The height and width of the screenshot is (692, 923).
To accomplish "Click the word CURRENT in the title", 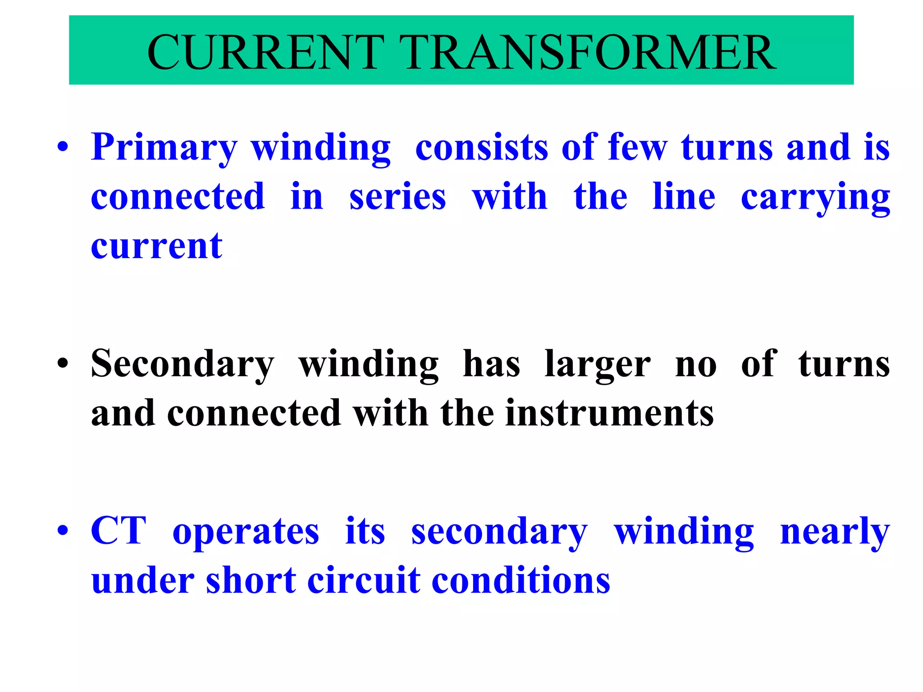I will coord(265,52).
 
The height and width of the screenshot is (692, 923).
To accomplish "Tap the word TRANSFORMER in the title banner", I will coord(588,52).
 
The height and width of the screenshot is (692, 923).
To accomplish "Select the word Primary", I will coord(164,148).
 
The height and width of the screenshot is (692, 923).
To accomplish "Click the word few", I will coord(637,147).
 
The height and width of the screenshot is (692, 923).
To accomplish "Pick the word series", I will coord(398,197).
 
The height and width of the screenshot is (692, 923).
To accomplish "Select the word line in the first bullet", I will coord(684,197).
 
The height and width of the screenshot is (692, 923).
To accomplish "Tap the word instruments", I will coord(609,413).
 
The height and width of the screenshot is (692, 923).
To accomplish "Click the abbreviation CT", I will coord(119,531).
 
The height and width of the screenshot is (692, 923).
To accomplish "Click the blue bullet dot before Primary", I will coord(63,147).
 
